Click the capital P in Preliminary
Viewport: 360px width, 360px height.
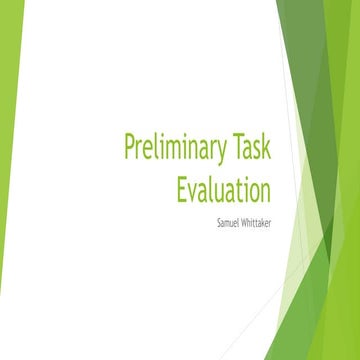click(130, 148)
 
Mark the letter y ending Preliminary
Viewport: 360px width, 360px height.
click(222, 152)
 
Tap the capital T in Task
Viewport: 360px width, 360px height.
click(237, 148)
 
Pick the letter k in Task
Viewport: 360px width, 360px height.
click(267, 148)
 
